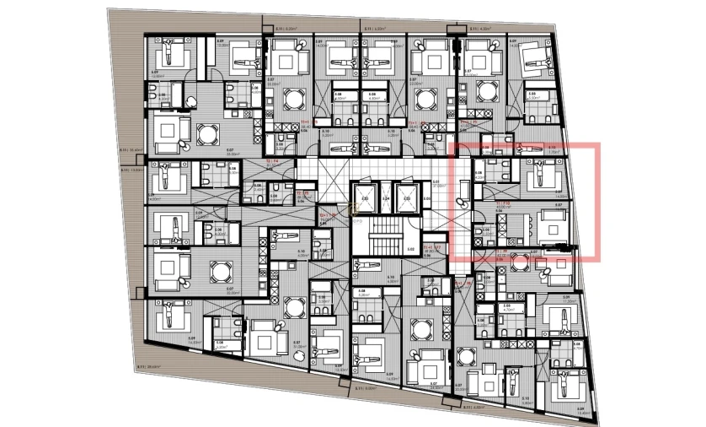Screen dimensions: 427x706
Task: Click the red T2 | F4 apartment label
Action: [273, 160]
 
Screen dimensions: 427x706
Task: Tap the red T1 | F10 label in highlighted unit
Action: [503, 203]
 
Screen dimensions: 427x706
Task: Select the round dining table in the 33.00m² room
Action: [206, 133]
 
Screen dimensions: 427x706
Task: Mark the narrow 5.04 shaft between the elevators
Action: [387, 200]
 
